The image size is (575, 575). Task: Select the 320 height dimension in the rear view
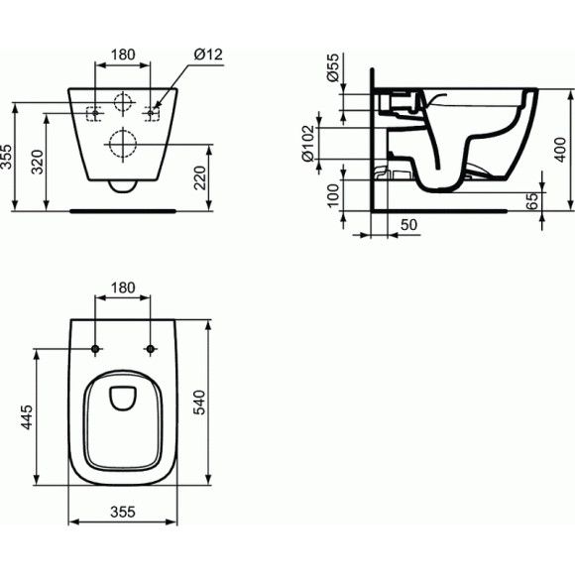coord(37,163)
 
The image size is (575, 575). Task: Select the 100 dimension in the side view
coord(332,194)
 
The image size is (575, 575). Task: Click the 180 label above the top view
coord(123,287)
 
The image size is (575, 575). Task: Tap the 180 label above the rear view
coord(124,56)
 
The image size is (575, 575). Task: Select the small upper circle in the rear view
coord(123,103)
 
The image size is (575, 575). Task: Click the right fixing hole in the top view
coord(151,349)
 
